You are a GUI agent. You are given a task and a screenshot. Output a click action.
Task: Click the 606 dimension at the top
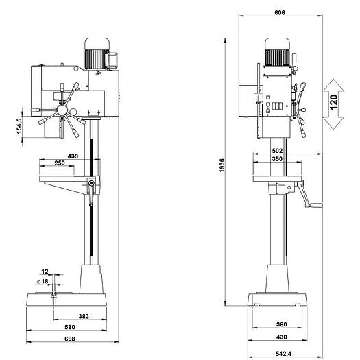pos(280,12)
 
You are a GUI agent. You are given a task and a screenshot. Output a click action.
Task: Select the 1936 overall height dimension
pos(222,165)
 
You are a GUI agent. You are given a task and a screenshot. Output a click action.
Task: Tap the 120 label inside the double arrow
pos(333,102)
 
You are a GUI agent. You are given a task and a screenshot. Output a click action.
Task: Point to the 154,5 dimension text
pos(19,126)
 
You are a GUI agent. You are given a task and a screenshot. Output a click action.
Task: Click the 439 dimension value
pos(73,156)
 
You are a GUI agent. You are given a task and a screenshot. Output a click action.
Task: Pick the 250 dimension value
pos(60,163)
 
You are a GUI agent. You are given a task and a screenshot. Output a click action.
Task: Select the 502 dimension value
pos(277,151)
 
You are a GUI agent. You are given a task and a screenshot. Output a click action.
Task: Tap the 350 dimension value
pos(277,159)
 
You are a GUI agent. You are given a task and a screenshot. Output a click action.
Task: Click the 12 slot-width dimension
pos(45,272)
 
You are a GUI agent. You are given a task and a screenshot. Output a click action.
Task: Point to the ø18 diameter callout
pos(43,281)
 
